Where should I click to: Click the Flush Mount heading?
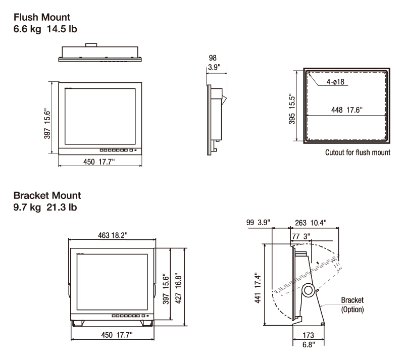[x=42, y=17]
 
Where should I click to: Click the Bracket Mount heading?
[x=47, y=195]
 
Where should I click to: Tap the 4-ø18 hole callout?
[x=335, y=82]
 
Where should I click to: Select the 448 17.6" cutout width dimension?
[x=347, y=110]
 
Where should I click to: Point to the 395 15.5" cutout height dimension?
[x=292, y=109]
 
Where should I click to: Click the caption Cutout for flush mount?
[x=358, y=152]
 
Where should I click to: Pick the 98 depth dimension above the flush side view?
[x=213, y=58]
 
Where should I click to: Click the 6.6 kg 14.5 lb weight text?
[x=45, y=29]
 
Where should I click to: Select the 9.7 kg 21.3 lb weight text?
[x=45, y=207]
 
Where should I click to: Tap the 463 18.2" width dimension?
[x=113, y=235]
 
